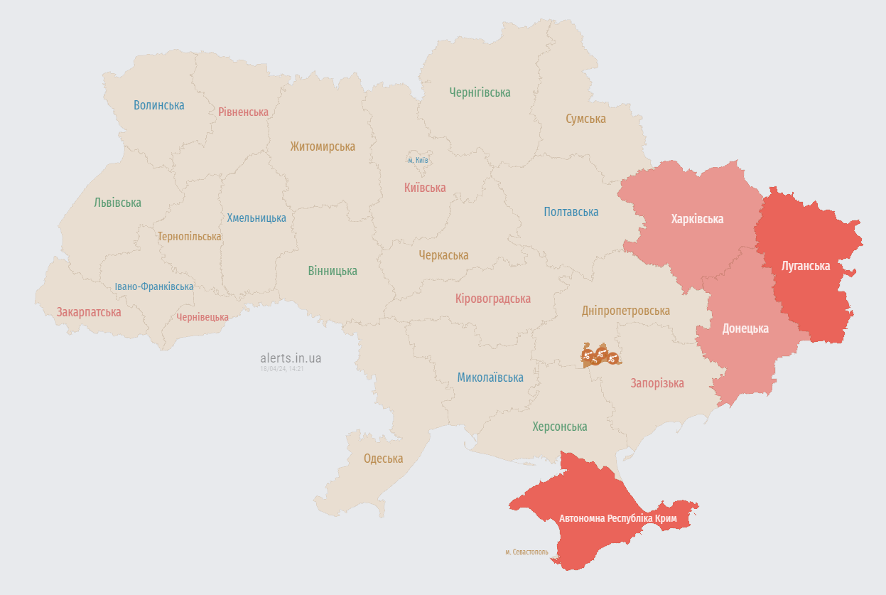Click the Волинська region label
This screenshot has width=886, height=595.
click(x=158, y=105)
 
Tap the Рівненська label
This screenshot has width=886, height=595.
click(x=243, y=112)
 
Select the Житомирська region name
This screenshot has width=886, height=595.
click(x=323, y=146)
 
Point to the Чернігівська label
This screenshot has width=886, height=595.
click(x=480, y=92)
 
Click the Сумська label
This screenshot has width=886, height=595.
click(x=585, y=119)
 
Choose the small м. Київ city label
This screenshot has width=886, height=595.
click(x=418, y=160)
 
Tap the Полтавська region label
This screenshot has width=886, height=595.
click(x=571, y=212)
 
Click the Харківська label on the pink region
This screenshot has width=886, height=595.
click(x=697, y=219)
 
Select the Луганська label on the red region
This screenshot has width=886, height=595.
click(x=805, y=266)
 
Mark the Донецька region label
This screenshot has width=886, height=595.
click(x=745, y=328)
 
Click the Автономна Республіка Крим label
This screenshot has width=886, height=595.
click(x=617, y=518)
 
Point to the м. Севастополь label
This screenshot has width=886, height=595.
click(x=526, y=552)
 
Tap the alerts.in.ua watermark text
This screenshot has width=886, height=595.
click(x=291, y=358)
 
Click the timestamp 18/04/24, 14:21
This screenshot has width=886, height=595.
click(x=282, y=369)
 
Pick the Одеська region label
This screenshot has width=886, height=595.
click(x=383, y=459)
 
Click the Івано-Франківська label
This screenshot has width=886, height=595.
click(x=154, y=286)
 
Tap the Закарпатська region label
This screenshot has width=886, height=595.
click(x=89, y=312)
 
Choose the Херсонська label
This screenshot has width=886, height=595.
click(x=560, y=427)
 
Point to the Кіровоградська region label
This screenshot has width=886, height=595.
click(x=492, y=299)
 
